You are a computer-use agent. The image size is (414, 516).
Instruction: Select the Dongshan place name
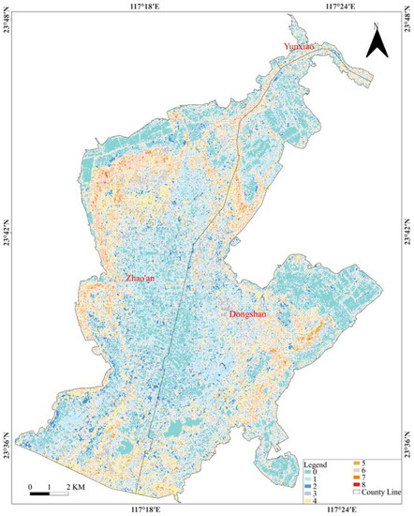[x=247, y=314]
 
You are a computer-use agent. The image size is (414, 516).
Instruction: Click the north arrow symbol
[x=374, y=42]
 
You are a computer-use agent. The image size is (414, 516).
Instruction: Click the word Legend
[x=316, y=463]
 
